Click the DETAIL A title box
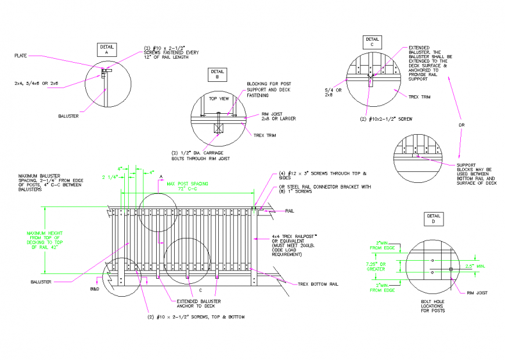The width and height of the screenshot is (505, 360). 107,49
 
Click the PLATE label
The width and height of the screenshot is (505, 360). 21,56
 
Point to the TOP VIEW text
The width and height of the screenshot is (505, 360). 219,99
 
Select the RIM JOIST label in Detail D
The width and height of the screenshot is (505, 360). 478,293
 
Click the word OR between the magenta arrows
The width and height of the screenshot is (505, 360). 461,125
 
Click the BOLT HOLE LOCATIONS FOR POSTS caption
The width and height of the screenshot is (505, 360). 434,307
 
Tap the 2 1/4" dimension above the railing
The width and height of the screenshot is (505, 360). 110,176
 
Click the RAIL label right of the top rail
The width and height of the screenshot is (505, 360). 289,211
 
